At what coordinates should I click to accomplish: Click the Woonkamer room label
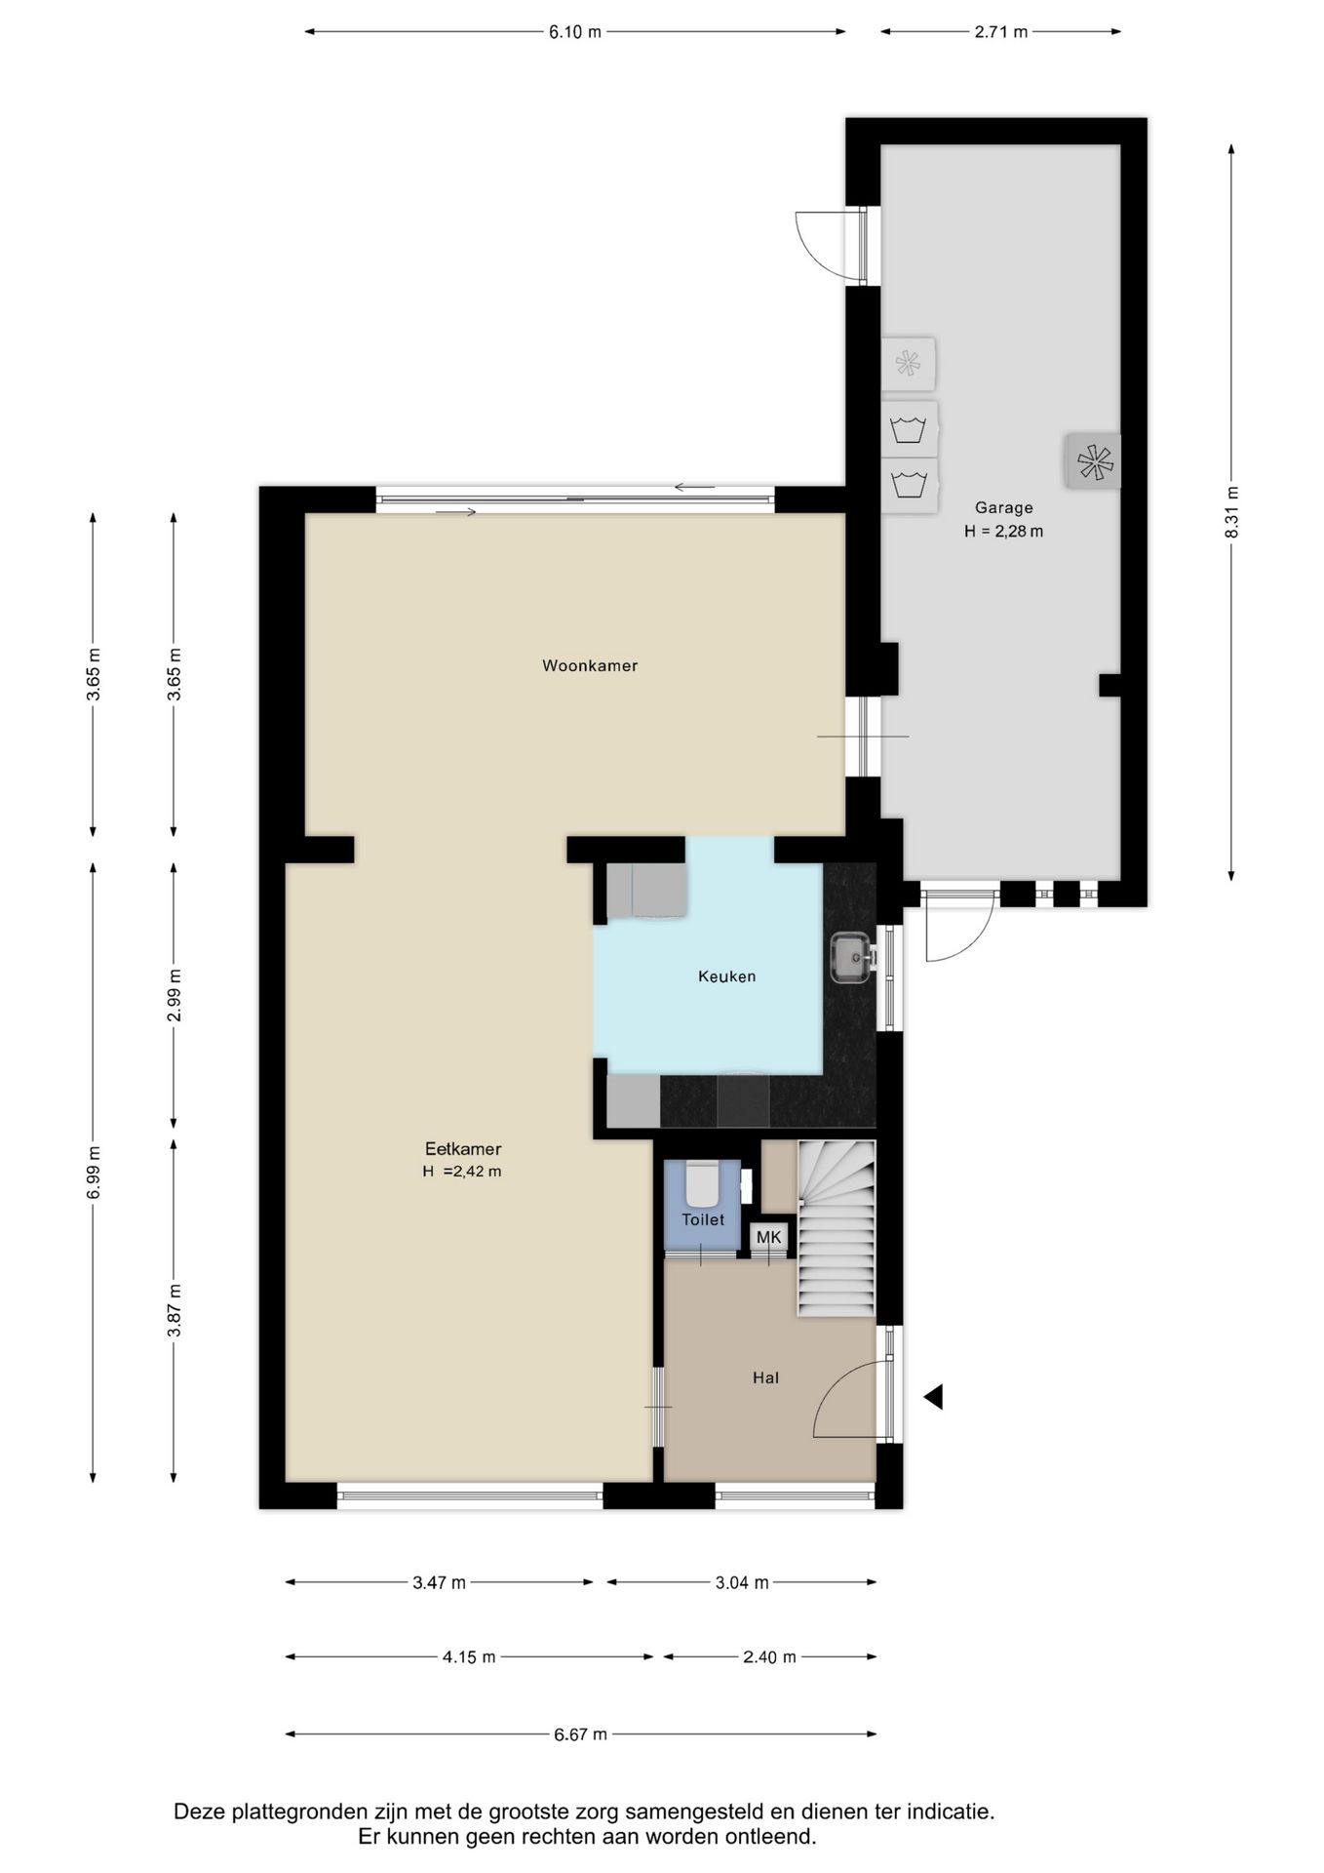tap(590, 666)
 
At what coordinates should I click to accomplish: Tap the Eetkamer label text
tap(463, 1149)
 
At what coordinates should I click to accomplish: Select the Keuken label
tap(726, 976)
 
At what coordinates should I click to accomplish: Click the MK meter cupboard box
tap(769, 1238)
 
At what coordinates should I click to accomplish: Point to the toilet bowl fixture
tap(702, 1183)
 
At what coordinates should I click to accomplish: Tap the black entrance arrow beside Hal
tap(933, 1397)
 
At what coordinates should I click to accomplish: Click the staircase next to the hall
tap(837, 1228)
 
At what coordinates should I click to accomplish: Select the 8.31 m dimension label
tap(1232, 512)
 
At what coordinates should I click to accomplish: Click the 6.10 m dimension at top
tap(575, 32)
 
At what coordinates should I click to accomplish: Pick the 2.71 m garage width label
tap(1001, 32)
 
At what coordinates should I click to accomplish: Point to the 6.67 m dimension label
tap(580, 1734)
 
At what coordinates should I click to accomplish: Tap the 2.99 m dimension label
tap(174, 996)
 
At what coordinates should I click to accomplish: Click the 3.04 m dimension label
tap(742, 1582)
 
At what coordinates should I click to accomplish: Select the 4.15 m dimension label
tap(469, 1656)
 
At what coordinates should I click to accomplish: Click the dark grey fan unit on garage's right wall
tap(1093, 461)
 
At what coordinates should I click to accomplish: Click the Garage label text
tap(1004, 508)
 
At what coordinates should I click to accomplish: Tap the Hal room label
tap(765, 1378)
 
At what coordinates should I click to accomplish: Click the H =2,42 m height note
tap(462, 1172)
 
